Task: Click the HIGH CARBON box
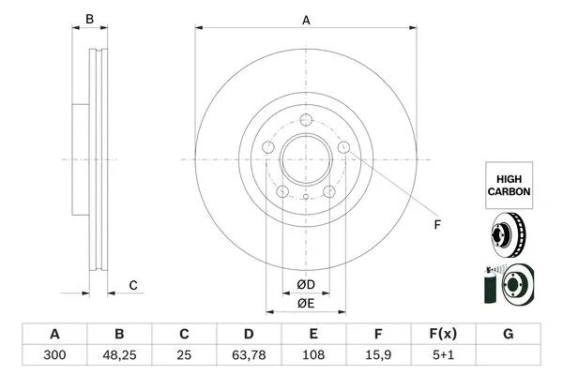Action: [509, 184]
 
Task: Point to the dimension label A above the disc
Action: [306, 19]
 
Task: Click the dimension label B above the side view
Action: [90, 19]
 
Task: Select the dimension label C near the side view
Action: [133, 285]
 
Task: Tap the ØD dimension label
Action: [306, 284]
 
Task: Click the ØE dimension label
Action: [306, 303]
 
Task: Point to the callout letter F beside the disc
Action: [435, 224]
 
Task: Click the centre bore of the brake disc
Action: [306, 159]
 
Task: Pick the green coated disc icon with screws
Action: [507, 285]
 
